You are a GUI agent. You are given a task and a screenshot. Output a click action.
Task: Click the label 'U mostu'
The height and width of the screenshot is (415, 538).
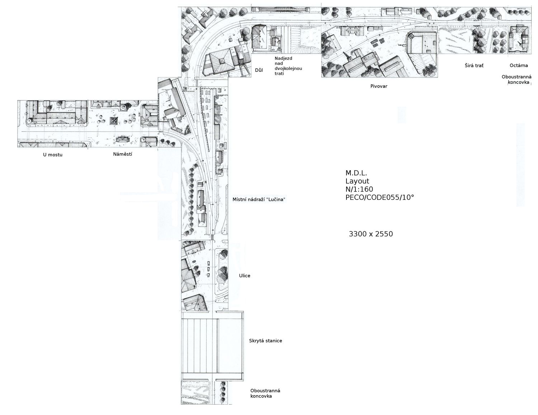coord(53,155)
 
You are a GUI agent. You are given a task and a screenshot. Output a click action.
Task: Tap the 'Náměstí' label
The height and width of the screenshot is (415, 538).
coord(123,154)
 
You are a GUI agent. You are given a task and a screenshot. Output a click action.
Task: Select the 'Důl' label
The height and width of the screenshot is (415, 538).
coord(259,70)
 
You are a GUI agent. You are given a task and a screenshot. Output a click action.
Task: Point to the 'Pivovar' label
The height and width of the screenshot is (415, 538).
coord(379,86)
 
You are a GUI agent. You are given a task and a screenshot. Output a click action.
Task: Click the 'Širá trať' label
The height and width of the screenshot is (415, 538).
coord(474,66)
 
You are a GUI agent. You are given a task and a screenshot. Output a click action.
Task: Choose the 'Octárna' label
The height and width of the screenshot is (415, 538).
coord(519,65)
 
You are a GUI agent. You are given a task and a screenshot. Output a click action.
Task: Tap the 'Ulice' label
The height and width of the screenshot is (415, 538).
coord(245,275)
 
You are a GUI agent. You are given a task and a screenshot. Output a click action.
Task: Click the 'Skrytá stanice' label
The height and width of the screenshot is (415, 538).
coord(265,341)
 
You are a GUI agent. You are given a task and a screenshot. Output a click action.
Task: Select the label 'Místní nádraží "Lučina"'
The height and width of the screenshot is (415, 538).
coord(259,199)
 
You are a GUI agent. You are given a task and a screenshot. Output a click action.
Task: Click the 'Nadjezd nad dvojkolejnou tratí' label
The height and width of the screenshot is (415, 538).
coord(288,66)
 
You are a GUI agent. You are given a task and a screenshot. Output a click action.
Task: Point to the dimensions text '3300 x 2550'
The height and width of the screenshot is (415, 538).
coord(371,234)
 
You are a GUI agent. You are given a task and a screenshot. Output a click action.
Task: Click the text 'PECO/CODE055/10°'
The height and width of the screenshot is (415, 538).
coord(380,197)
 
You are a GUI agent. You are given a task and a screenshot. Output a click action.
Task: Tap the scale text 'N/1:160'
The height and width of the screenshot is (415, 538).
coord(359,189)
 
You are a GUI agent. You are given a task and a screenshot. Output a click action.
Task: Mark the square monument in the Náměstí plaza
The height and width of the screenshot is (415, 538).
coord(114,121)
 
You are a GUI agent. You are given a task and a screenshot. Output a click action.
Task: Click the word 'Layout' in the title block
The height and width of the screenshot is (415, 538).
coord(357,181)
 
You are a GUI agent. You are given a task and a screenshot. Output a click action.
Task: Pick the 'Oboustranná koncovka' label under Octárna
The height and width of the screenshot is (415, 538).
coord(516,80)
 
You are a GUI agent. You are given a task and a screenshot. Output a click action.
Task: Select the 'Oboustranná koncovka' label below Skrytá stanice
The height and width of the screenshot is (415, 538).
coord(265,393)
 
